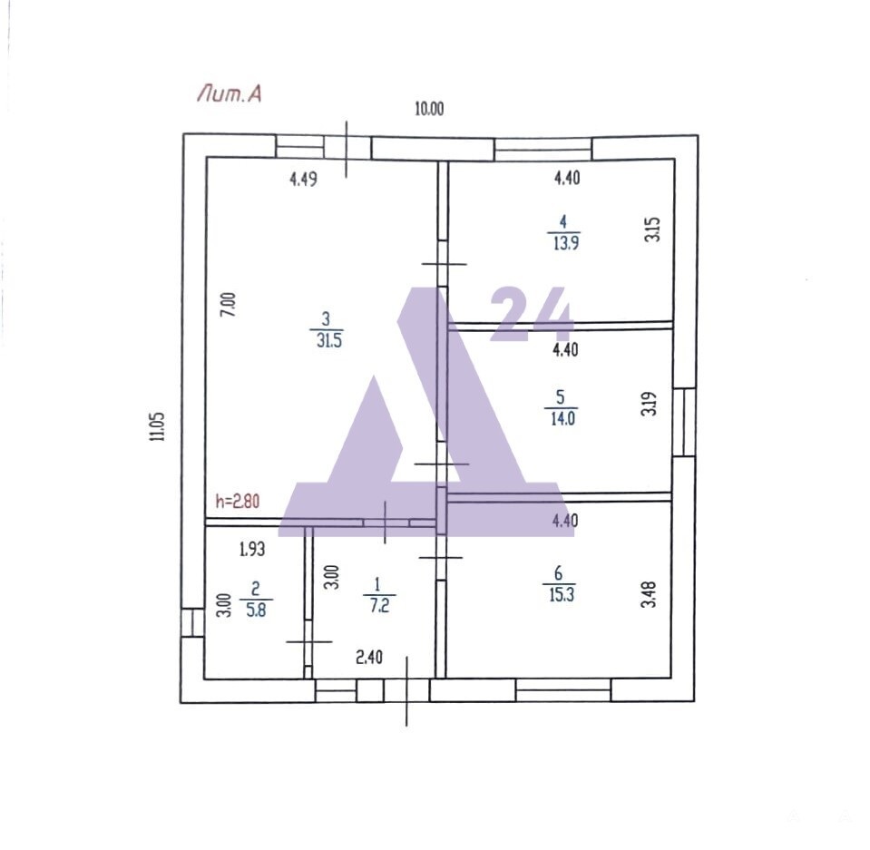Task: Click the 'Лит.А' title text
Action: click(229, 93)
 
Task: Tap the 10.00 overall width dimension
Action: click(429, 108)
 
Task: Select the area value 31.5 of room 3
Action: click(329, 340)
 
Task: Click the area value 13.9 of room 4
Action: click(566, 242)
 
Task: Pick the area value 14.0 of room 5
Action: click(562, 418)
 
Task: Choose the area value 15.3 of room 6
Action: click(562, 594)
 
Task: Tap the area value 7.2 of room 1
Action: click(379, 605)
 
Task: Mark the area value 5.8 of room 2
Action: click(256, 610)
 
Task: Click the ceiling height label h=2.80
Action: click(238, 502)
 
